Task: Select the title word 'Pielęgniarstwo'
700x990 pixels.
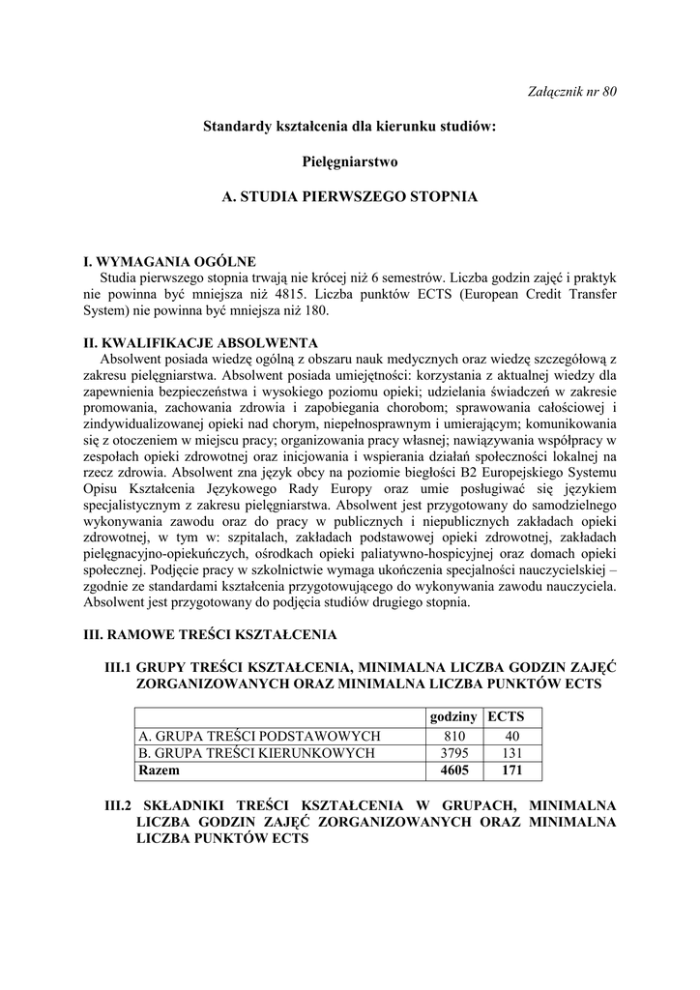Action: tap(349, 160)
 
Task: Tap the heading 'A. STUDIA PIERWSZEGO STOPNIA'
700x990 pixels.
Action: tap(349, 196)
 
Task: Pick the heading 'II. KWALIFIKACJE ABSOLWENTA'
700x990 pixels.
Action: tap(194, 343)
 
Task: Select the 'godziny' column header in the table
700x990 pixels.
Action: tap(452, 717)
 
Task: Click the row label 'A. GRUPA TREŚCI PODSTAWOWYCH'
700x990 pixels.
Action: tap(260, 736)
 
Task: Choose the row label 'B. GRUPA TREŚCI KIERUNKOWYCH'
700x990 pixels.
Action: tap(257, 753)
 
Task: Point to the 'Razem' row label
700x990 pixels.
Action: tap(160, 772)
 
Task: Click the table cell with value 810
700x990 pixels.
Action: tap(452, 736)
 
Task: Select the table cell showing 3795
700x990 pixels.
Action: tap(452, 753)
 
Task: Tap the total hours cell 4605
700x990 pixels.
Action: tap(452, 772)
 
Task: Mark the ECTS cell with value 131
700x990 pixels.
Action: tap(511, 753)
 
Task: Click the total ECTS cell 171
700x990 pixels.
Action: tap(511, 772)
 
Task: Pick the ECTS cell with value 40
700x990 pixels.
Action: tap(511, 736)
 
